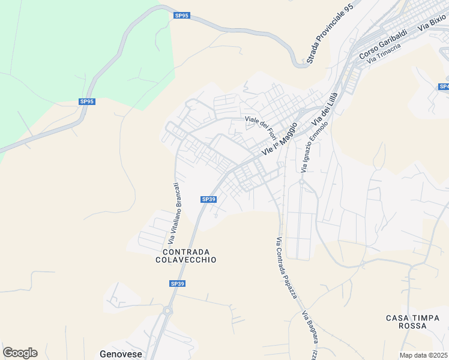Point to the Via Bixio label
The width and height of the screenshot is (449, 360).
click(x=432, y=23)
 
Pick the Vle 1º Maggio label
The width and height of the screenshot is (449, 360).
click(x=280, y=139)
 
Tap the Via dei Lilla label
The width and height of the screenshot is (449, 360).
click(x=325, y=113)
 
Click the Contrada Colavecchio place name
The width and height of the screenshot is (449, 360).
click(x=185, y=256)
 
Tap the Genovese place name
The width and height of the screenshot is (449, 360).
click(x=121, y=354)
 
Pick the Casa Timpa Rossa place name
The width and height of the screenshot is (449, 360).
click(x=414, y=322)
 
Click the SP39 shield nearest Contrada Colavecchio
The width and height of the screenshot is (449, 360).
click(x=177, y=283)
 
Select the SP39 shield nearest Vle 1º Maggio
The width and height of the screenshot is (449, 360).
click(x=208, y=199)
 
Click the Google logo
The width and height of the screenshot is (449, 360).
click(x=20, y=353)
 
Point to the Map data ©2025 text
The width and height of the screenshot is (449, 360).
click(x=424, y=355)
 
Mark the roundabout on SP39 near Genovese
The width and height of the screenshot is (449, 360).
click(x=167, y=310)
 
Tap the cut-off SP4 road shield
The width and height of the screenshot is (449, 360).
click(x=444, y=87)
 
